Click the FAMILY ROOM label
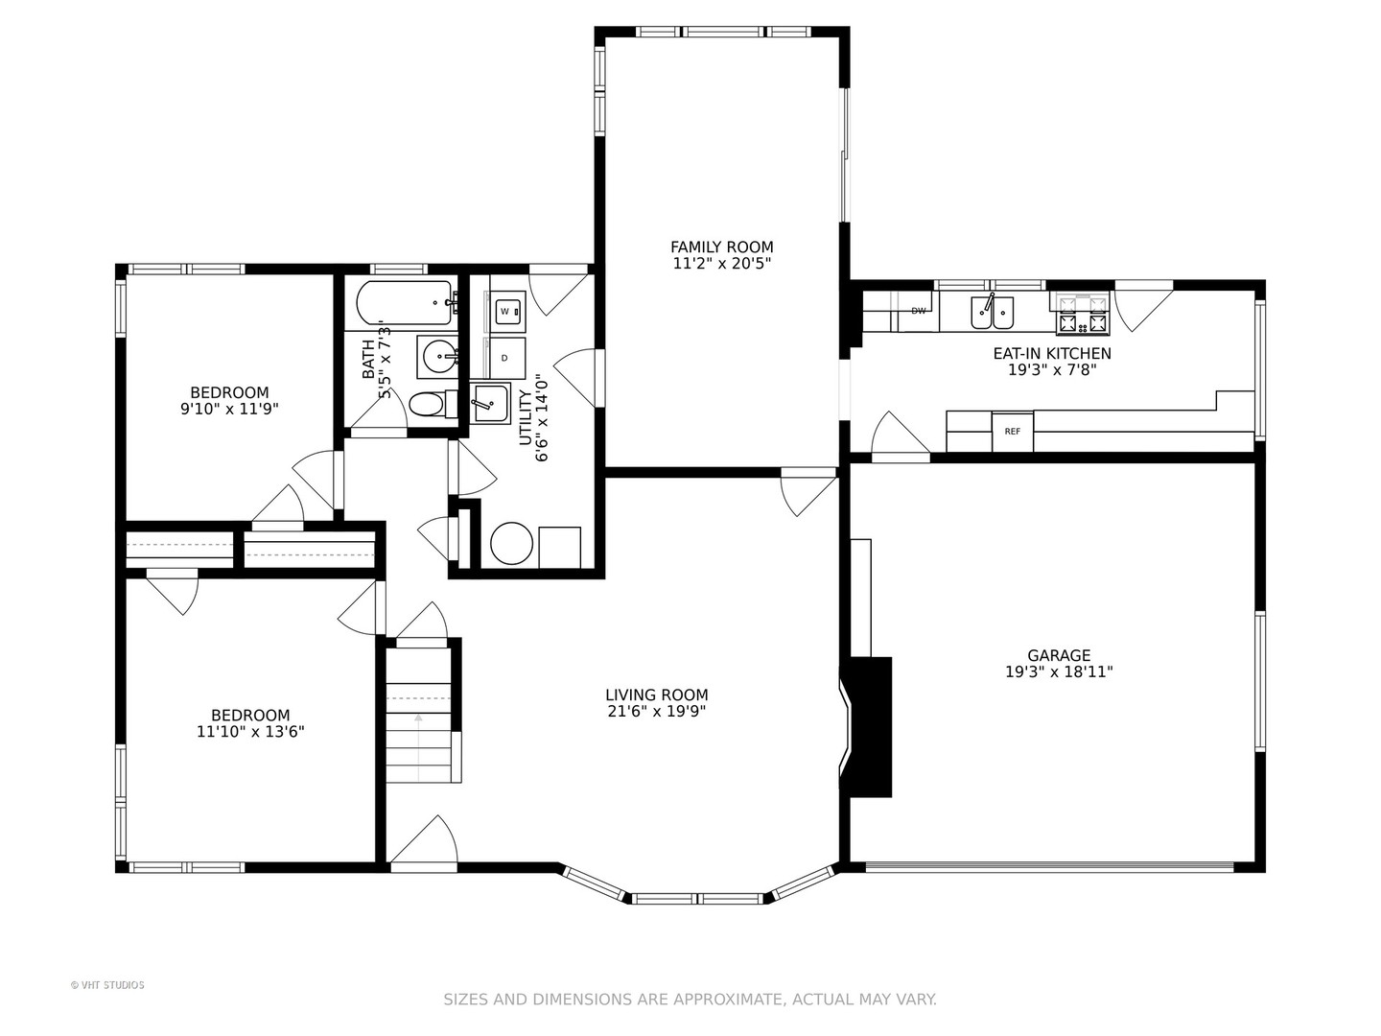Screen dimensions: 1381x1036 pyautogui.click(x=721, y=247)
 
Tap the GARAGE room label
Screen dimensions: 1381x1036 pyautogui.click(x=1059, y=655)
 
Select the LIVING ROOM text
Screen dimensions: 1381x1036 pyautogui.click(x=657, y=695)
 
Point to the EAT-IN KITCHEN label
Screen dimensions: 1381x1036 pyautogui.click(x=1052, y=354)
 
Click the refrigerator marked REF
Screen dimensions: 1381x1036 pyautogui.click(x=1013, y=432)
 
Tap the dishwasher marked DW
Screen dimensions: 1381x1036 pyautogui.click(x=918, y=311)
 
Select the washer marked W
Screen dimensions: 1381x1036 pyautogui.click(x=507, y=312)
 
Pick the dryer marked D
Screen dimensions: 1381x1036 pyautogui.click(x=507, y=358)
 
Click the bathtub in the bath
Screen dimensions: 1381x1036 pyautogui.click(x=404, y=302)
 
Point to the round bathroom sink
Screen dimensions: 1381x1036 pyautogui.click(x=438, y=357)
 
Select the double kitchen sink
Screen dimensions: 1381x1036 pyautogui.click(x=993, y=312)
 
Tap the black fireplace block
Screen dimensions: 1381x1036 pyautogui.click(x=871, y=727)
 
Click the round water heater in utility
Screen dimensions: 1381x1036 pyautogui.click(x=512, y=544)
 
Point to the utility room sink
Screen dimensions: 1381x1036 pyautogui.click(x=489, y=404)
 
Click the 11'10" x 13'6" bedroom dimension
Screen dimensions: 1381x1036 pyautogui.click(x=250, y=732)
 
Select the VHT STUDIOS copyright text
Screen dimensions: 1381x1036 pyautogui.click(x=107, y=985)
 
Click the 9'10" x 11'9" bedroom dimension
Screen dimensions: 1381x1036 pyautogui.click(x=229, y=409)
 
